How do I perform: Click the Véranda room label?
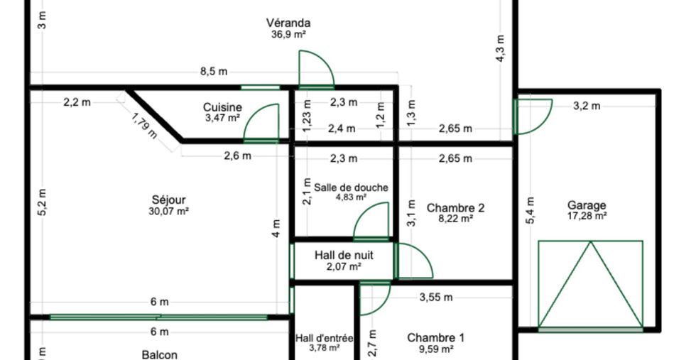click(x=288, y=23)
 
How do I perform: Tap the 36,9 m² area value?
click(x=288, y=35)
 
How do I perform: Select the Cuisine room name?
click(x=222, y=107)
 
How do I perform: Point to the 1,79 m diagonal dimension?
click(x=145, y=125)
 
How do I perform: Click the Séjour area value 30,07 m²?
click(x=169, y=212)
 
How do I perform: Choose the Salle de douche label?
click(x=351, y=187)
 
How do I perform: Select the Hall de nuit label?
click(x=344, y=255)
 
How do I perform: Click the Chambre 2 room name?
click(x=455, y=208)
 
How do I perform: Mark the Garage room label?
click(x=587, y=205)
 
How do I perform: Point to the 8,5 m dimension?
click(x=214, y=72)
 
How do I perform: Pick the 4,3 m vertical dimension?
click(x=500, y=48)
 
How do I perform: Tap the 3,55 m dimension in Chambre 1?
click(x=436, y=298)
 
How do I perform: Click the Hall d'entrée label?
click(x=325, y=338)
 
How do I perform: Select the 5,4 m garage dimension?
click(x=530, y=210)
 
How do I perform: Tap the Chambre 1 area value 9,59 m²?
click(x=436, y=349)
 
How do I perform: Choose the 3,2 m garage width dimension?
click(x=587, y=106)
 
